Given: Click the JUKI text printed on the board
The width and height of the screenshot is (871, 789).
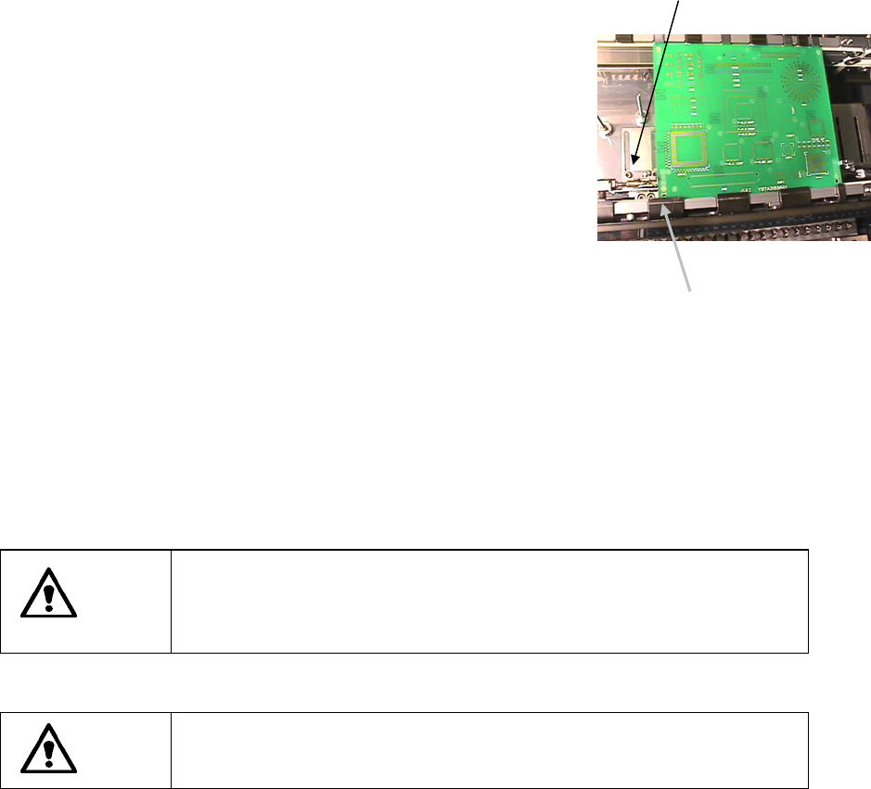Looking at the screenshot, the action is (x=746, y=189).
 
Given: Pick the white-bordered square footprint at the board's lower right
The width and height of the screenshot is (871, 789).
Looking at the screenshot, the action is (x=816, y=163).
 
